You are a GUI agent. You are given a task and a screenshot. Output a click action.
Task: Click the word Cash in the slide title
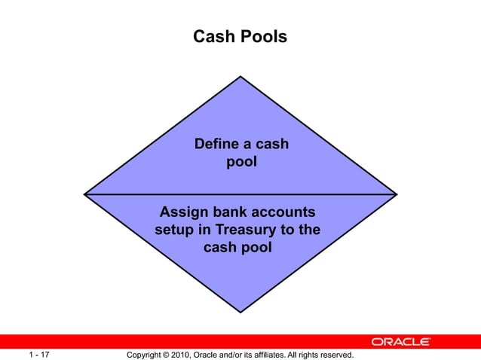tap(215, 36)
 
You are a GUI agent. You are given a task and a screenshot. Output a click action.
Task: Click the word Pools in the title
tap(263, 36)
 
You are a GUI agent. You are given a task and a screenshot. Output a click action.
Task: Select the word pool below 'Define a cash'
tap(241, 161)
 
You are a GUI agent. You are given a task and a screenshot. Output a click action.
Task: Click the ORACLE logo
tap(400, 341)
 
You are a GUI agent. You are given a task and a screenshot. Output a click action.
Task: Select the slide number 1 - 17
tap(39, 354)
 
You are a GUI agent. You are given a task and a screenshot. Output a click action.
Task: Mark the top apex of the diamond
tap(240, 76)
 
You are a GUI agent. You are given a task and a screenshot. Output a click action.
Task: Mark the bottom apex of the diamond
tap(240, 311)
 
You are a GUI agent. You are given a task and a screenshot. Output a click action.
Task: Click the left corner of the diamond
tap(84, 194)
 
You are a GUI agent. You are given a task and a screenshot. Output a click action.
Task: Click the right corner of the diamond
tap(397, 194)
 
